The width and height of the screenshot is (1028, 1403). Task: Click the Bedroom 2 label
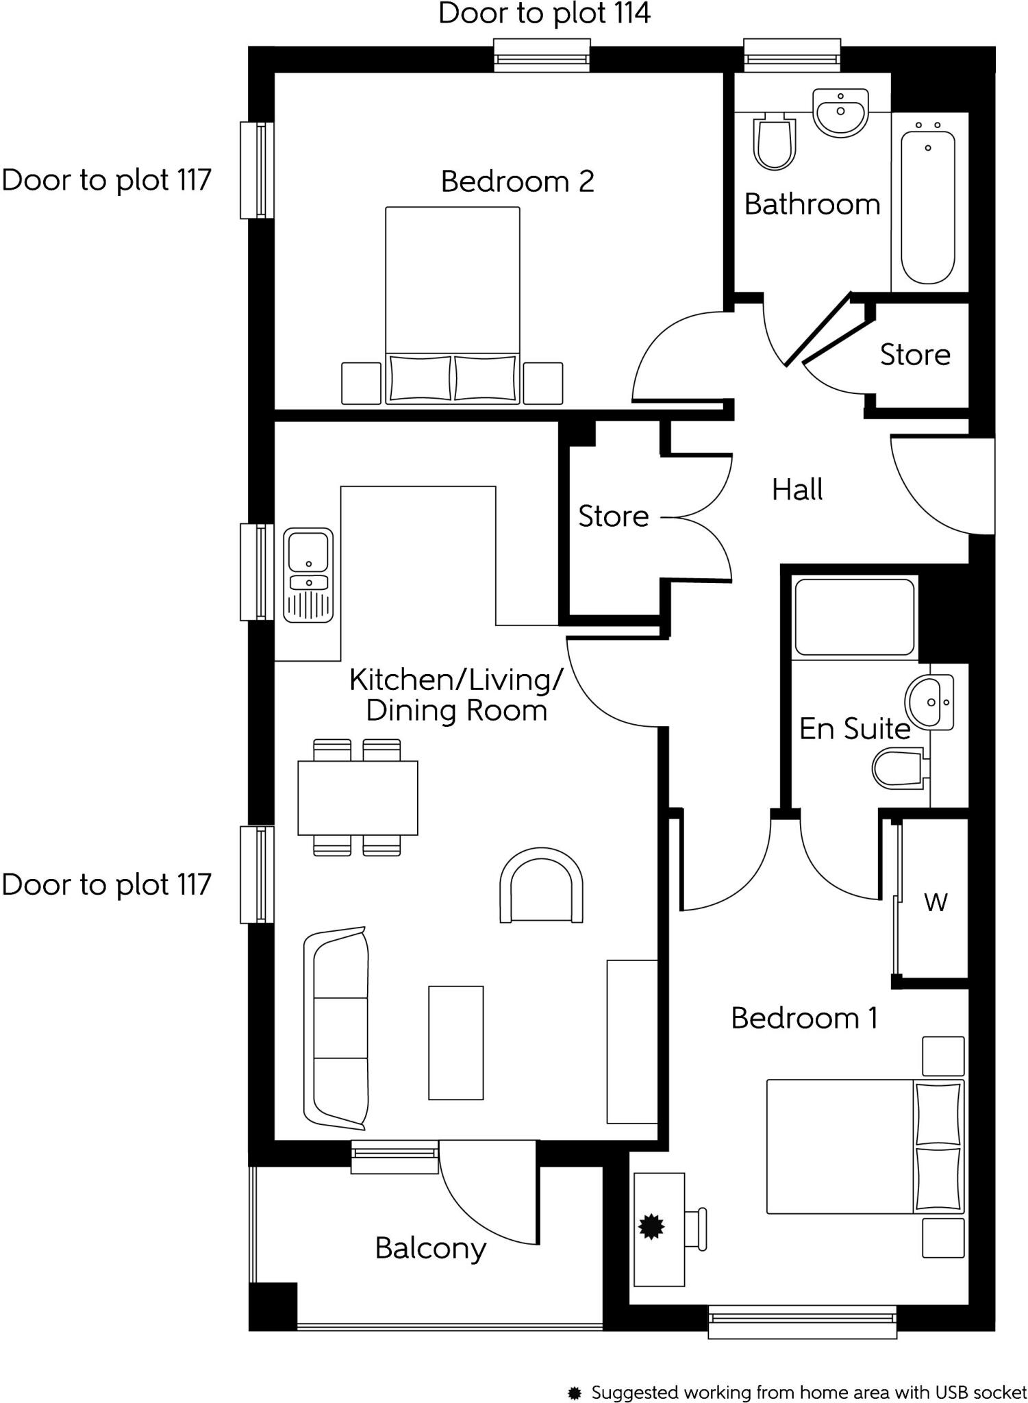[x=517, y=182]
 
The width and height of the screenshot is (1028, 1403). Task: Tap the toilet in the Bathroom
[x=775, y=142]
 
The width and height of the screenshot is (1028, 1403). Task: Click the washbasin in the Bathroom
[x=840, y=112]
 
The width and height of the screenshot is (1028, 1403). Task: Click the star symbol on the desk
[x=651, y=1226]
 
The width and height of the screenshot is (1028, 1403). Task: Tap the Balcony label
[x=430, y=1248]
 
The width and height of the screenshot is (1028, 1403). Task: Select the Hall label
[x=797, y=490]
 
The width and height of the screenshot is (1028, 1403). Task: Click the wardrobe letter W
[x=936, y=902]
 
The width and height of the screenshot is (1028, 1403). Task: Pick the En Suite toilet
[x=899, y=769]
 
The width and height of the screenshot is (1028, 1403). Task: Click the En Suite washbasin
[x=929, y=702]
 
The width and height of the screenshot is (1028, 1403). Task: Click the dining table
[x=358, y=797]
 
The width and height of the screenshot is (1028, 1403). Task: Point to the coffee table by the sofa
[x=456, y=1043]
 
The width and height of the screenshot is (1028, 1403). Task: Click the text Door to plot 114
[x=544, y=14]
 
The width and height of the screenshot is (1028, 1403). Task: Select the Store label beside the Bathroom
[x=915, y=355]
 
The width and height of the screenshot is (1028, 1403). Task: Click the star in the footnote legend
[x=575, y=1393]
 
